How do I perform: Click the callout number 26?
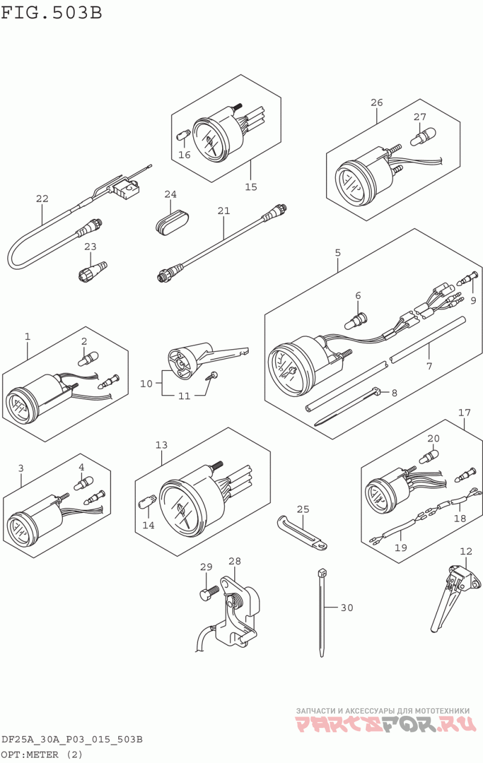pos(377,102)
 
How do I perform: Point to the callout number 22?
pos(42,198)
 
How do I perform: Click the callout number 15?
pos(251,186)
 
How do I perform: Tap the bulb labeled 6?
pos(356,322)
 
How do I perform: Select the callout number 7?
pos(429,367)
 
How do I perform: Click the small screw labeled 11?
pos(211,376)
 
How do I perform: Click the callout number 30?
pos(347,607)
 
